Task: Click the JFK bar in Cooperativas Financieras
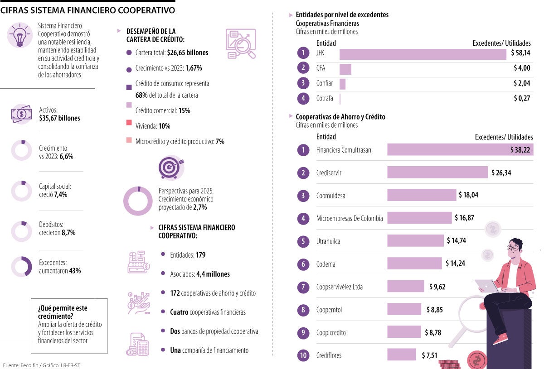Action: tap(423, 54)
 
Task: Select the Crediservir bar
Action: tap(437, 173)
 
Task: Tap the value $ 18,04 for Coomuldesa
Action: tap(468, 195)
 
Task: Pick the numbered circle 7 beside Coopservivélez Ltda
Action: tap(303, 287)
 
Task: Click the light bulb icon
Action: tap(19, 37)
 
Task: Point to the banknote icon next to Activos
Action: tap(21, 114)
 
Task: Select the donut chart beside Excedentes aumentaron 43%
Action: tap(21, 267)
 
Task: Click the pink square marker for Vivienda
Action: tap(129, 123)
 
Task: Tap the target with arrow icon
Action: tap(171, 167)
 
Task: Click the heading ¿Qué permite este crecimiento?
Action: tap(63, 312)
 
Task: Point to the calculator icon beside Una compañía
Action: tap(138, 344)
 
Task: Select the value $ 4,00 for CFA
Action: tap(522, 68)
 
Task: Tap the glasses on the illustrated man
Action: tap(513, 248)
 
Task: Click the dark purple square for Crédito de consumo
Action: tap(129, 87)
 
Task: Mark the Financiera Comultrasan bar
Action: tap(460, 150)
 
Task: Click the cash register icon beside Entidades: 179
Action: tap(138, 261)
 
